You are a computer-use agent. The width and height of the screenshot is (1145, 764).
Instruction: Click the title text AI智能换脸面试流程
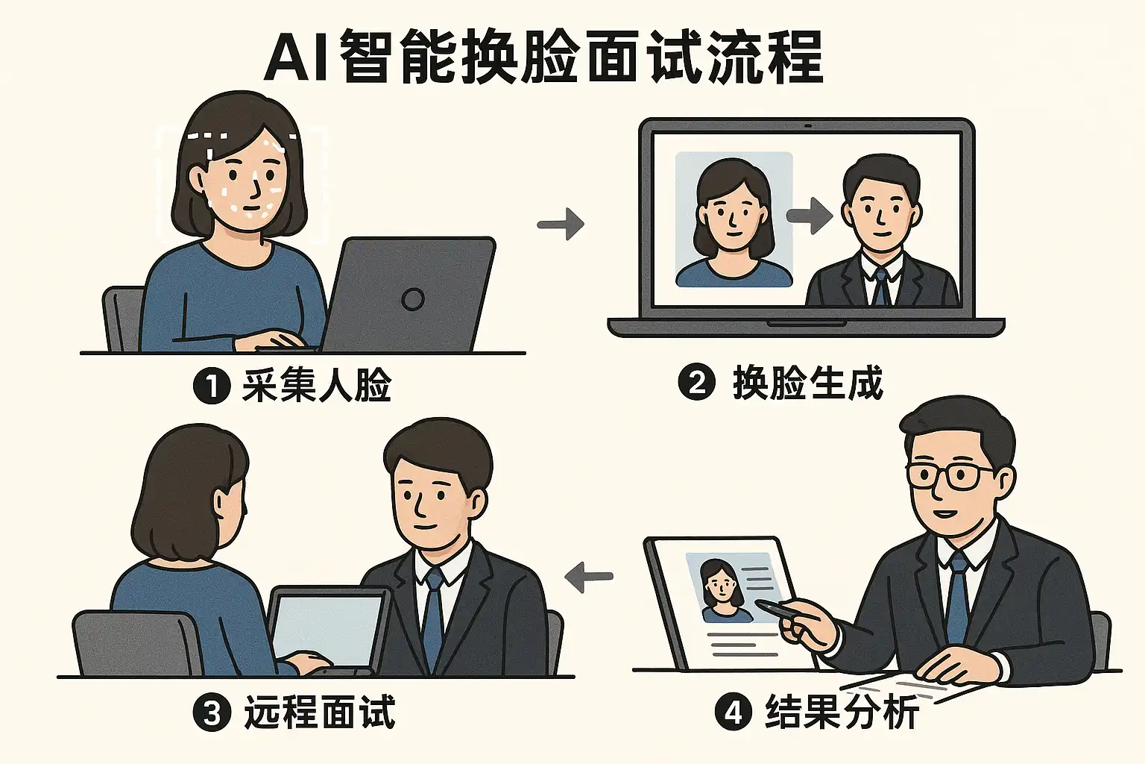point(544,57)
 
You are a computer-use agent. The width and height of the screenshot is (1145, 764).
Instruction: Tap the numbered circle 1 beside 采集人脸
point(211,386)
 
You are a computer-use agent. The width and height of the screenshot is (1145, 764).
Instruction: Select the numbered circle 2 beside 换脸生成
point(696,383)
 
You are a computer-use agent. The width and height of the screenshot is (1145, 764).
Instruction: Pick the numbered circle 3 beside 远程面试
point(212,713)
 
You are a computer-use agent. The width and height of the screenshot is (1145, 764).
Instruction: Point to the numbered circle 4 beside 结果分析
point(734,712)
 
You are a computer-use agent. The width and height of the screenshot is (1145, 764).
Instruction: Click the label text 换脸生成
point(808,383)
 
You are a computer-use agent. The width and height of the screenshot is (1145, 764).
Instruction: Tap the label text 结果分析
point(842,712)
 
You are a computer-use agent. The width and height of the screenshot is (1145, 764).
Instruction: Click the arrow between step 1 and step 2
point(561,223)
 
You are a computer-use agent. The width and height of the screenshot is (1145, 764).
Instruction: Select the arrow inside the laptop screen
point(810,216)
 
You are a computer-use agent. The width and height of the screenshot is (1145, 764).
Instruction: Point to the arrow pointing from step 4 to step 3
point(589,577)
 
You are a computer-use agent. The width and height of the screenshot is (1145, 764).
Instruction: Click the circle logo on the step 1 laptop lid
point(412,299)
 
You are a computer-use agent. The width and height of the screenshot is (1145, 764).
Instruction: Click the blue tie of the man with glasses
point(957,597)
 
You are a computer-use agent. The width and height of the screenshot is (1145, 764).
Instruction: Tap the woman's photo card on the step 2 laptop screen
point(734,219)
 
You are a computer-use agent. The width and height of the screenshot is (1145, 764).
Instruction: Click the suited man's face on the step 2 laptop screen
point(880,205)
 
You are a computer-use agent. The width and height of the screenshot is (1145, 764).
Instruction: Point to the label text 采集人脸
point(317,386)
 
